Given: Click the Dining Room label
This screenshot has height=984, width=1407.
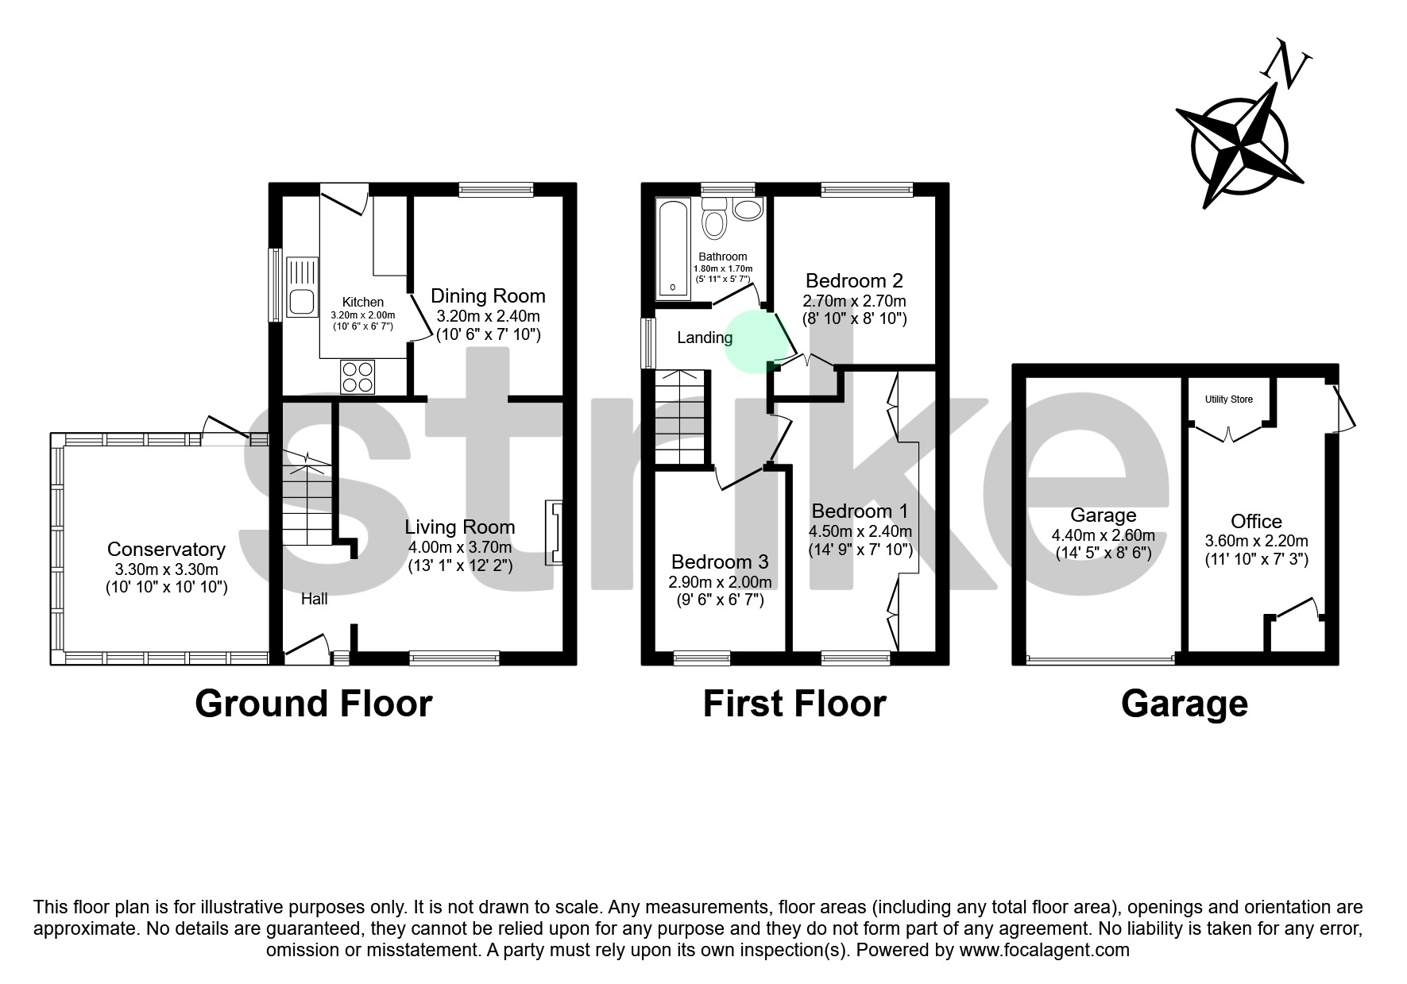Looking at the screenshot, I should (x=488, y=296).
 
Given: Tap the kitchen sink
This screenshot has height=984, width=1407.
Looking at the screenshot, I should (x=302, y=288).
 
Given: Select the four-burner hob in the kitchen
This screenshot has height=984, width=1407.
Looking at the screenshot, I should (x=358, y=376).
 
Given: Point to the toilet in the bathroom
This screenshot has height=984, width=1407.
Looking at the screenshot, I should (x=715, y=218).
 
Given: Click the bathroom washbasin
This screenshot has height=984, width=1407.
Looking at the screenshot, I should (x=748, y=210).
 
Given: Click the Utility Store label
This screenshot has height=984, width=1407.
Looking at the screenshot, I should (x=1229, y=399).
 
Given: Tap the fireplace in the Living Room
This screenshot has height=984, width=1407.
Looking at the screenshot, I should (x=553, y=533).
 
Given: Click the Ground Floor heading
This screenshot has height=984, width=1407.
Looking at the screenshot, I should (x=313, y=704).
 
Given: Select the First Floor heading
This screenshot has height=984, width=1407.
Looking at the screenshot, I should (x=794, y=704).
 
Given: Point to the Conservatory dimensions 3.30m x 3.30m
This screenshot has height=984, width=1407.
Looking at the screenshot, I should (x=166, y=569).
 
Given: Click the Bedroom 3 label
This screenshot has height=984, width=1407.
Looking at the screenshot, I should (x=719, y=562).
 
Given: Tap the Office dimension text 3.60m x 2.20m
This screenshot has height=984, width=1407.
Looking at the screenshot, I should (x=1256, y=541).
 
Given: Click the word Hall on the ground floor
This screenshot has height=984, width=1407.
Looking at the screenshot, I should (x=314, y=599).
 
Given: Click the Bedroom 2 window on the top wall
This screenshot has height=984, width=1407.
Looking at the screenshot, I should (x=867, y=189).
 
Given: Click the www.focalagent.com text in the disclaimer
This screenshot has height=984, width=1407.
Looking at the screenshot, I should (x=1044, y=950).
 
